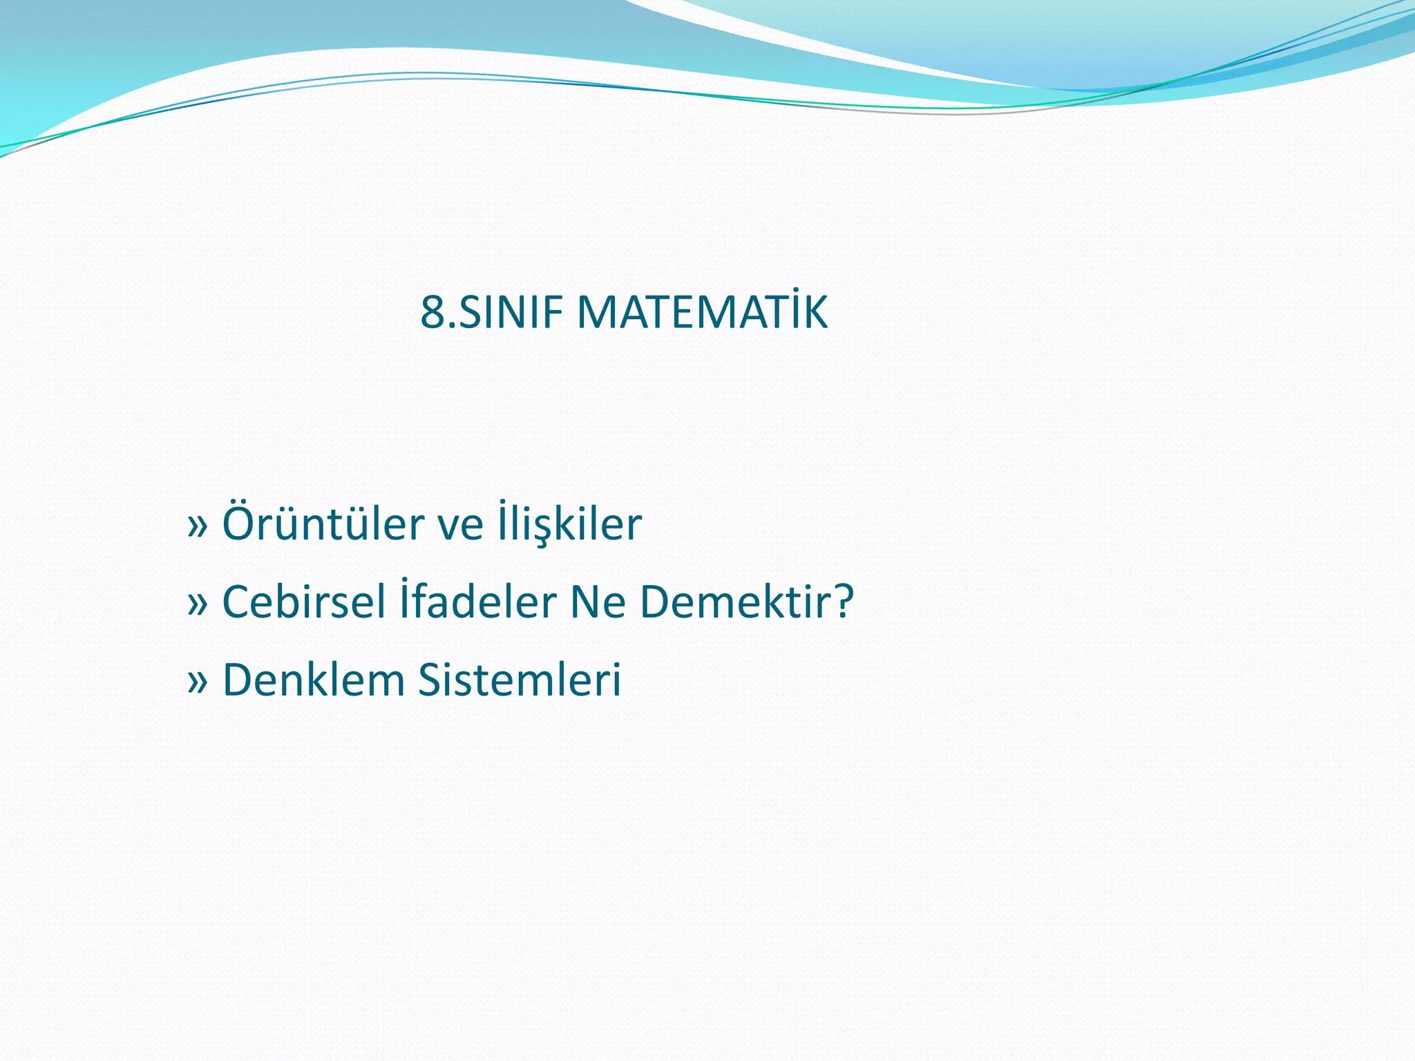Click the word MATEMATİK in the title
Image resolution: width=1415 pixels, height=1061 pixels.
(x=701, y=313)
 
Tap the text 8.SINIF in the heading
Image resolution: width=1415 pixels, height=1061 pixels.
(x=492, y=313)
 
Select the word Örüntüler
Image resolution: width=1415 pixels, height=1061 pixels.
(x=323, y=524)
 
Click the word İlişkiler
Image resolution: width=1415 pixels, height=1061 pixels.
(x=569, y=524)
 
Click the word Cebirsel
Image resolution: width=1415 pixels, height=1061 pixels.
(x=303, y=602)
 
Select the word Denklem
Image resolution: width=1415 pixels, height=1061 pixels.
(x=314, y=680)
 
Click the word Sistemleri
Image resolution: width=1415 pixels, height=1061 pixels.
(x=520, y=680)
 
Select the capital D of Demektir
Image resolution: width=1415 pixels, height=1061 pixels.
(x=656, y=602)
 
